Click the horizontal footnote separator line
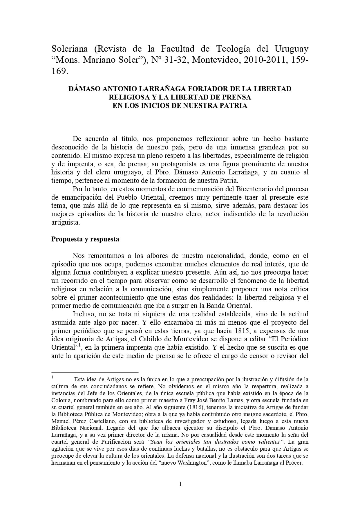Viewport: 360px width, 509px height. (95, 372)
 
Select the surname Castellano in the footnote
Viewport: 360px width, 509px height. (89, 421)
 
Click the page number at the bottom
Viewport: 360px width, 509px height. (180, 484)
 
